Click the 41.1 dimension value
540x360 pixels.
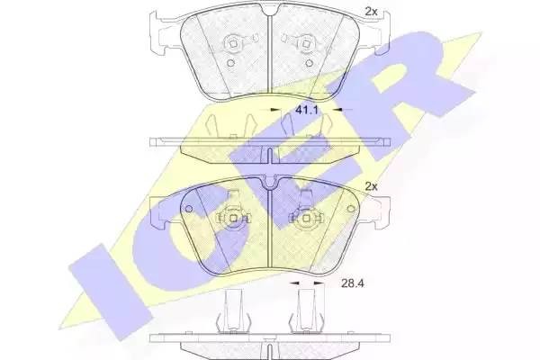[x=306, y=110]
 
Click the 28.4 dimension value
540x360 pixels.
[x=352, y=283]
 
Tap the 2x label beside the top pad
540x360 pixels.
[x=371, y=12]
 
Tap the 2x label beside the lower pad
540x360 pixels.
[x=371, y=186]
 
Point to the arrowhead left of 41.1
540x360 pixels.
[x=274, y=110]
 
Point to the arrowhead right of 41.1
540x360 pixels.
[x=337, y=110]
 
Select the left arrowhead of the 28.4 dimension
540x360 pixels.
[x=294, y=283]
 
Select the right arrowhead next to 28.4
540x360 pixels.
[x=319, y=283]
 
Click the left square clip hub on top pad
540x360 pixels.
[x=232, y=44]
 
